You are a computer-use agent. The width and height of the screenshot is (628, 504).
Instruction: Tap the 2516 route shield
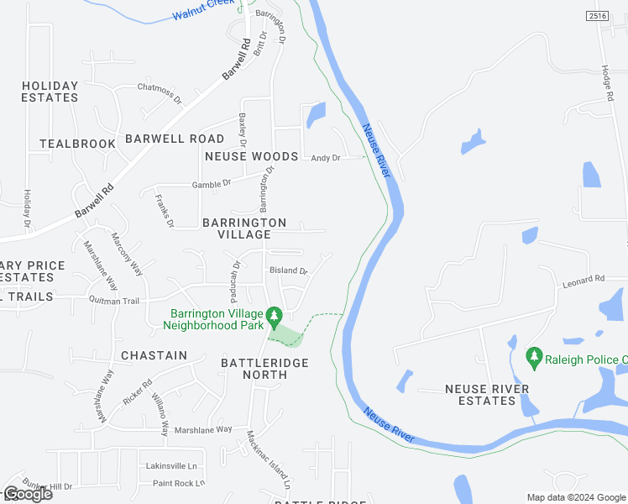point(597,16)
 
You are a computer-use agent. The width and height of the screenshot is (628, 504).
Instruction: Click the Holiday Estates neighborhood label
point(50,92)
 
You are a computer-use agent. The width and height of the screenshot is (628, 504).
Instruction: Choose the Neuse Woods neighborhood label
point(251,156)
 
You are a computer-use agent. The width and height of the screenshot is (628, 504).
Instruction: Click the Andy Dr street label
point(326,158)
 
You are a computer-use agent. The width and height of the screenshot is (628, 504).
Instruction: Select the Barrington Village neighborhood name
point(244,228)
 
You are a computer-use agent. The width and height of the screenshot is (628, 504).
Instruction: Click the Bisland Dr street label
point(288,271)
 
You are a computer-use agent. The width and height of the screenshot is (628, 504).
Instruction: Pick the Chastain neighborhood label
point(154,355)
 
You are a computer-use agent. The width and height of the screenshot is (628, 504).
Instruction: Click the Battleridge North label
point(264,368)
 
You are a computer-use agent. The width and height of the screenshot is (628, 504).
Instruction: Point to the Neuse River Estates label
point(487,395)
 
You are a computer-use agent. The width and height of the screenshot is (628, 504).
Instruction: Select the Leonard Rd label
point(584,279)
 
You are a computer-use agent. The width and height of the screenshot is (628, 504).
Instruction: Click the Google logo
point(28,494)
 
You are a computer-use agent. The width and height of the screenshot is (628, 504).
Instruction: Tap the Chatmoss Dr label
point(160,87)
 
